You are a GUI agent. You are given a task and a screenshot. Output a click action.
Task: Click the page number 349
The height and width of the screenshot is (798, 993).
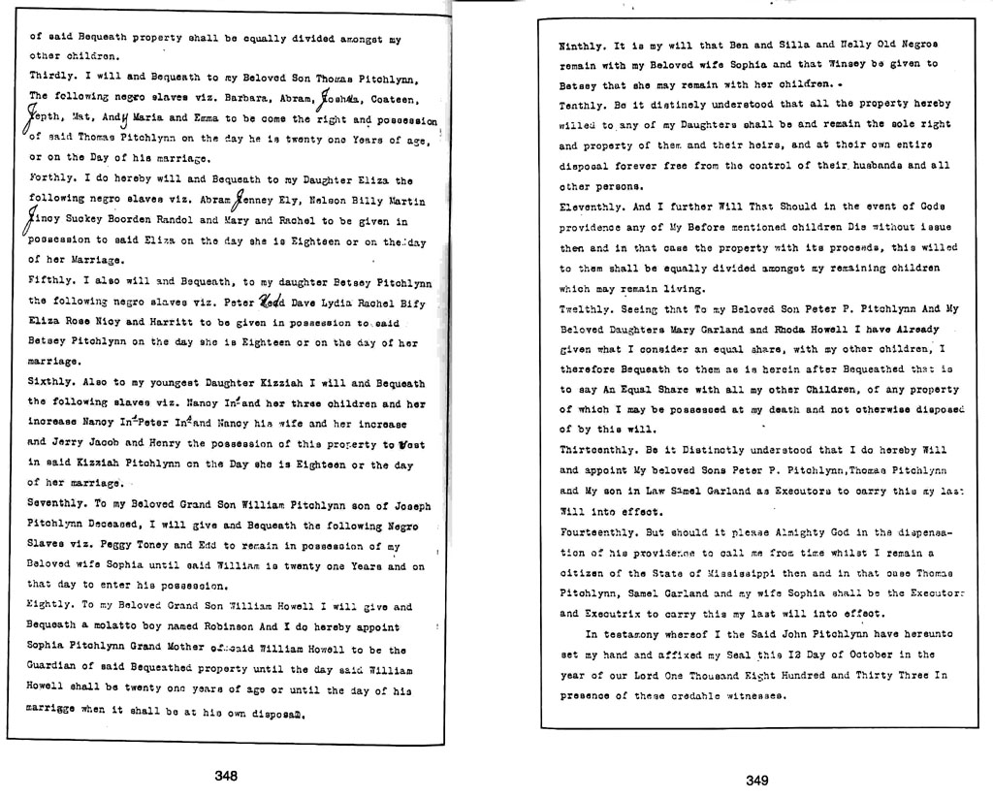(757, 780)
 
